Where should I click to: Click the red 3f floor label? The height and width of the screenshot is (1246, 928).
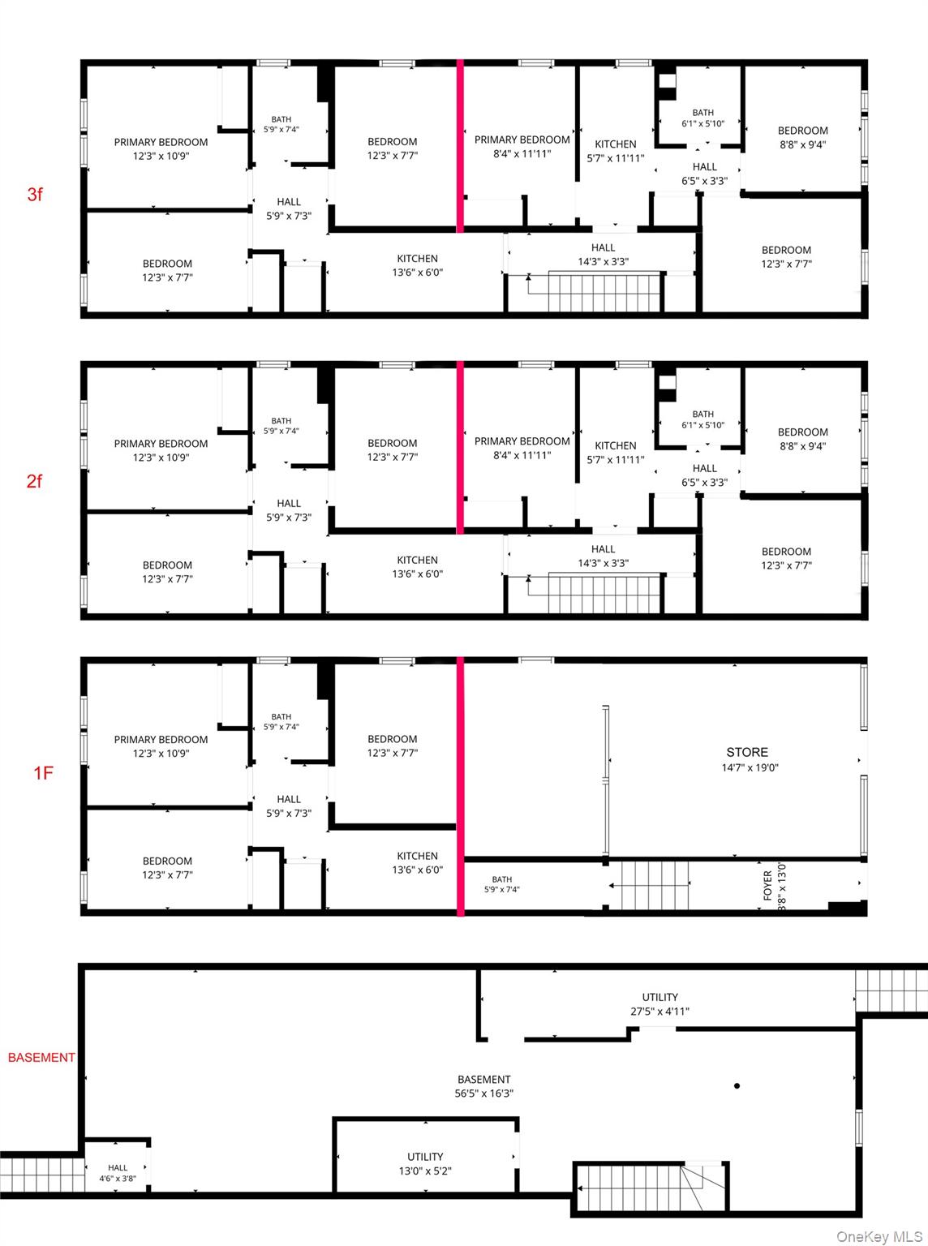pos(35,195)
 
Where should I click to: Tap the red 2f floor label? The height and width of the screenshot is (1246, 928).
pos(34,481)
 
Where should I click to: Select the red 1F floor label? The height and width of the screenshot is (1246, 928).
pos(43,773)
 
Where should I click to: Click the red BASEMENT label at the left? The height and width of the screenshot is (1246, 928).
pos(41,1057)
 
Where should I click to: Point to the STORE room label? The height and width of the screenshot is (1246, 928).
pos(750,759)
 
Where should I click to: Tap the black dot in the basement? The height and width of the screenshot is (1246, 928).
pos(737,1086)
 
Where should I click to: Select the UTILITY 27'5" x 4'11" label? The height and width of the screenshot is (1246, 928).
pos(659,1004)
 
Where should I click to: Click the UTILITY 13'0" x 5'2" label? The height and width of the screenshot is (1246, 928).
pos(425,1164)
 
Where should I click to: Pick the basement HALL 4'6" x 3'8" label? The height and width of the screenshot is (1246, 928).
pos(118,1173)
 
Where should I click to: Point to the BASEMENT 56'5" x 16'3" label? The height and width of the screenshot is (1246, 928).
pos(484,1086)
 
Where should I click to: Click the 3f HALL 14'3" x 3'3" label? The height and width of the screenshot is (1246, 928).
pos(604,255)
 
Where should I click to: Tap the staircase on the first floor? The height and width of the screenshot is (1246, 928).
pos(655,885)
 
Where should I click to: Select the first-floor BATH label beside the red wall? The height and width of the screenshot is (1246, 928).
pos(501,884)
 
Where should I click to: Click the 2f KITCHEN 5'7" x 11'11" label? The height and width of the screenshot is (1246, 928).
pos(616,452)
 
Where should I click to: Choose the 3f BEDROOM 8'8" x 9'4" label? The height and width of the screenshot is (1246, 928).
pos(803,138)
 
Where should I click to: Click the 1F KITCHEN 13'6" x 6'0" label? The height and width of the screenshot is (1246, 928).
pos(418,862)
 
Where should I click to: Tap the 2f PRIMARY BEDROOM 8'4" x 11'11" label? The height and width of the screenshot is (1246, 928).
pos(522,448)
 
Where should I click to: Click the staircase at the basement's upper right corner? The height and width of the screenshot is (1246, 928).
pos(891,991)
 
